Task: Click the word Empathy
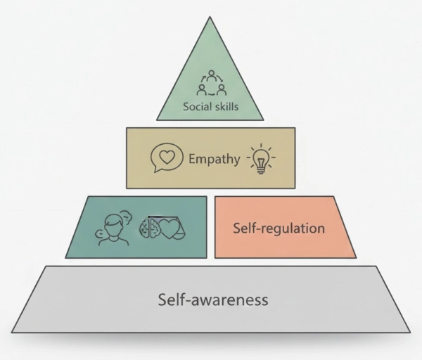click(215, 158)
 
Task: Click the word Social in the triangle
click(198, 108)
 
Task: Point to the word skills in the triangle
click(226, 108)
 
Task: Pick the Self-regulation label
click(279, 229)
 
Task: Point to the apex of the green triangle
click(210, 18)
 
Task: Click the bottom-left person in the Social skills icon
click(202, 89)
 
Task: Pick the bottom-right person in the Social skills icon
click(221, 89)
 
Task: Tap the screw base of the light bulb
click(262, 169)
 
